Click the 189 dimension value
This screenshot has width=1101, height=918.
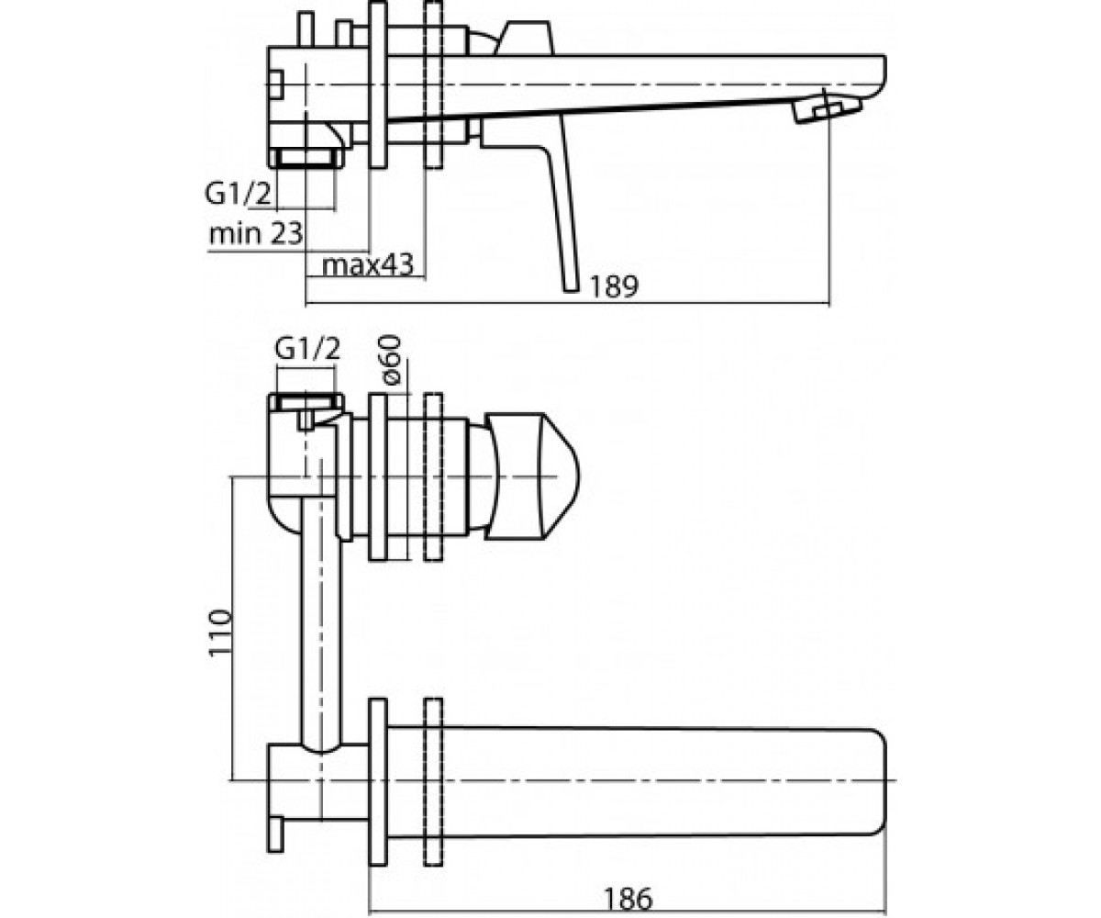613,286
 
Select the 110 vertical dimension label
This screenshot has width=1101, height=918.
220,633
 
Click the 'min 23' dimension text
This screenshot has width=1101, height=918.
256,232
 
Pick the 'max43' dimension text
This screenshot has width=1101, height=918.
368,265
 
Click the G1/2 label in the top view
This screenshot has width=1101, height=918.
239,194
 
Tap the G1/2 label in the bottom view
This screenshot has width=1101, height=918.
307,349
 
